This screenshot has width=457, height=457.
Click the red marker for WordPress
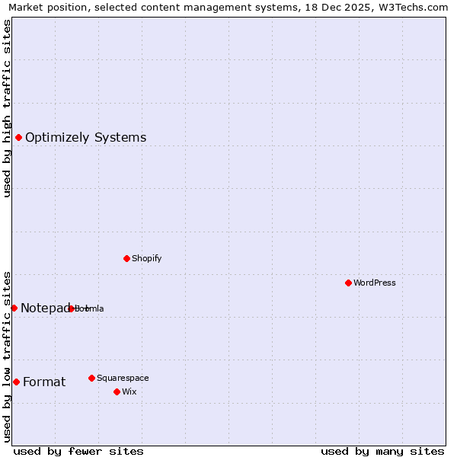click(348, 283)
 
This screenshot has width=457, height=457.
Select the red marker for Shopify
click(126, 258)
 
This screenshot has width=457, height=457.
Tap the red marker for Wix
click(117, 391)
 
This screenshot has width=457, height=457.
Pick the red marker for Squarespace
click(91, 378)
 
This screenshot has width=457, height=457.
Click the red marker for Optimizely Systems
click(18, 137)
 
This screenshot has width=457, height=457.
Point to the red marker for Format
click(16, 382)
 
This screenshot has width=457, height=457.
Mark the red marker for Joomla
click(71, 308)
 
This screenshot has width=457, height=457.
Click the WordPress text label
click(374, 283)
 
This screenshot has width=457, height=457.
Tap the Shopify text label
click(146, 259)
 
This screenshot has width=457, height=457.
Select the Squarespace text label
click(123, 379)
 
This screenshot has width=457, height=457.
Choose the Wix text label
click(129, 392)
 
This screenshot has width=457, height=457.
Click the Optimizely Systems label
click(85, 138)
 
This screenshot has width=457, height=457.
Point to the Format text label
click(44, 382)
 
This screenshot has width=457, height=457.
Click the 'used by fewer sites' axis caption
click(78, 451)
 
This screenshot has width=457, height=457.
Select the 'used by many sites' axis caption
click(382, 451)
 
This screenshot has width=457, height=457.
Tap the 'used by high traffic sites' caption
click(8, 108)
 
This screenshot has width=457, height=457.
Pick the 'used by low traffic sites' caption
click(8, 356)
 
